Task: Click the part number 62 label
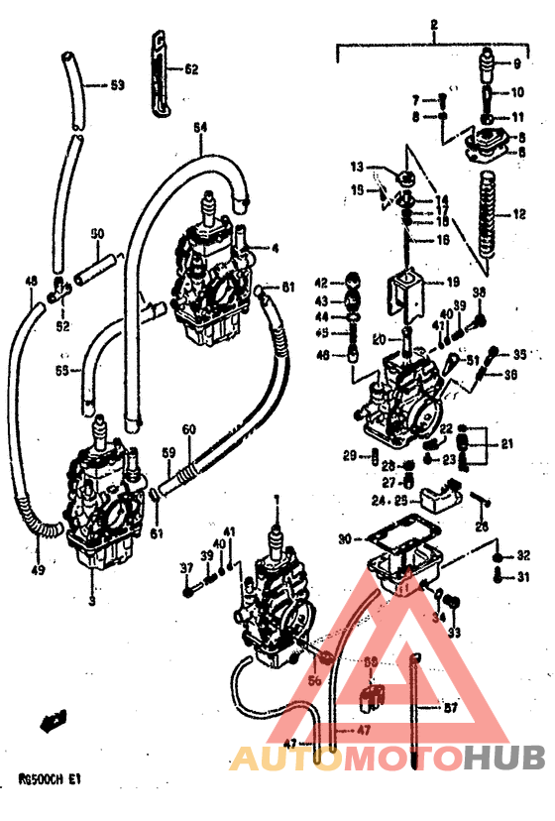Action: tap(190, 69)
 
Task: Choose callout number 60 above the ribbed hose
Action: tap(187, 429)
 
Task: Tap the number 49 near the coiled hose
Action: tap(39, 570)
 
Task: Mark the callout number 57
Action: tap(449, 708)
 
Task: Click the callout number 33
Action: tap(454, 632)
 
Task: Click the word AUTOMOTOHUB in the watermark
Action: tap(388, 759)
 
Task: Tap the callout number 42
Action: tap(321, 283)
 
